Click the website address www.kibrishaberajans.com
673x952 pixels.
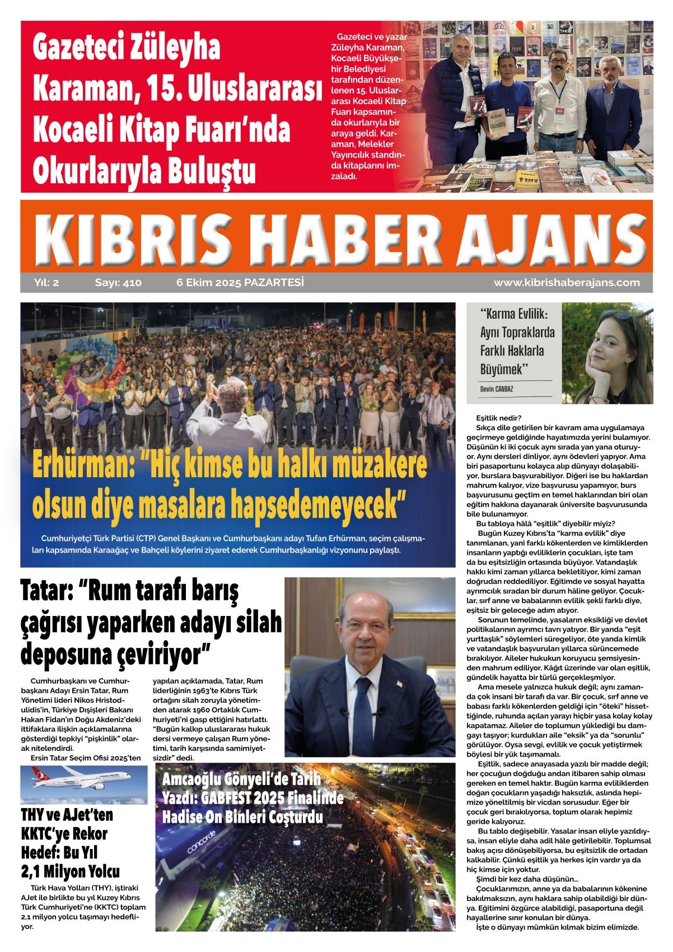[566, 283]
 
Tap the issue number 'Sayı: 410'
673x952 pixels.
[118, 283]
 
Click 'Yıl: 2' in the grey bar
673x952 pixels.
[46, 283]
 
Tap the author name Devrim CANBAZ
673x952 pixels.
[497, 389]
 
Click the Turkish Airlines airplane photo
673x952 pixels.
[84, 784]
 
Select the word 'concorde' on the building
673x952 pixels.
[201, 842]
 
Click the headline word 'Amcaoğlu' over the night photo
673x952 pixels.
[191, 779]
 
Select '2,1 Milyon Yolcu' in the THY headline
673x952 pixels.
[70, 871]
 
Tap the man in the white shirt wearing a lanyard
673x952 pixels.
[558, 104]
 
